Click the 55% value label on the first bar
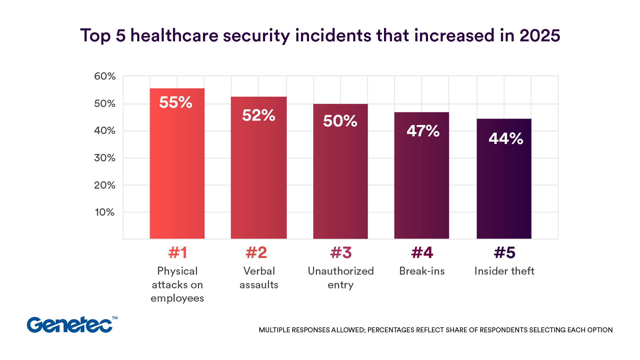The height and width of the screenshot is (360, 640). click(x=176, y=102)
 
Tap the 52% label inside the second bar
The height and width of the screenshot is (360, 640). click(x=258, y=115)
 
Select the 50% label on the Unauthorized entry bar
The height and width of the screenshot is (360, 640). click(x=340, y=121)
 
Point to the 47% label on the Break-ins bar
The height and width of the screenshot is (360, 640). click(x=423, y=131)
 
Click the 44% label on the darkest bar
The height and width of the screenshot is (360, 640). click(x=506, y=138)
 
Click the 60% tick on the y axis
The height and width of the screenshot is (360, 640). click(x=105, y=76)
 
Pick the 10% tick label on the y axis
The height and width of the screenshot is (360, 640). click(x=105, y=212)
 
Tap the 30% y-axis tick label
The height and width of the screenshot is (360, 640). click(x=105, y=158)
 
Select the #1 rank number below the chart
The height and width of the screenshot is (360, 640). click(x=177, y=253)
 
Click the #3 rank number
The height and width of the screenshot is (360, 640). click(x=341, y=253)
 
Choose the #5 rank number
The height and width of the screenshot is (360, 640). click(x=504, y=253)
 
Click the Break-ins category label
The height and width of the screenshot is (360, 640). click(x=422, y=271)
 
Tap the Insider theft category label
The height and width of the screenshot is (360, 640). click(x=504, y=271)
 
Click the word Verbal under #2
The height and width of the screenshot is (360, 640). click(x=259, y=271)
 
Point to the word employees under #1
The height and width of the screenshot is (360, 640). click(x=177, y=298)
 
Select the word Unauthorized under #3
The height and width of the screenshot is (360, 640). click(x=341, y=271)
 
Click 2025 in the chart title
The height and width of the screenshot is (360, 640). click(x=539, y=35)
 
